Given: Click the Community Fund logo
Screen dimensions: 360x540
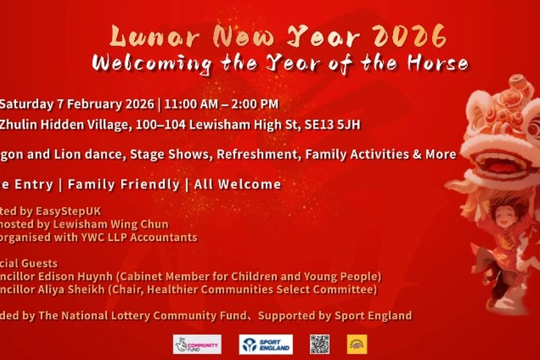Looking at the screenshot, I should [197, 344].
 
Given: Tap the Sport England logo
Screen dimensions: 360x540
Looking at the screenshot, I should [265, 344].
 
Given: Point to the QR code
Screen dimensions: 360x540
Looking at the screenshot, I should [320, 344].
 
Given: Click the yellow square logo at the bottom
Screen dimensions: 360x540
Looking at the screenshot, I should [357, 344].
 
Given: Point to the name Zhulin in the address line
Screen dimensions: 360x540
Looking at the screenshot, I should [21, 126].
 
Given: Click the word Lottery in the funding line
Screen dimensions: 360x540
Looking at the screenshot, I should [147, 316].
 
